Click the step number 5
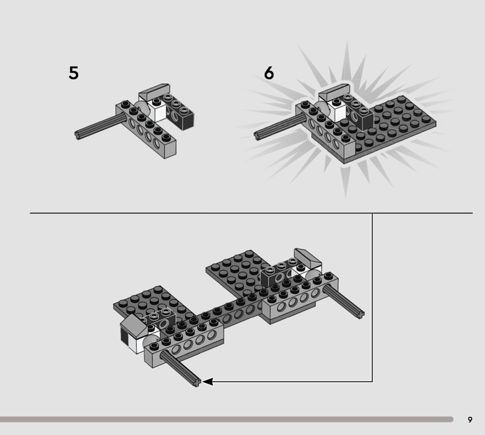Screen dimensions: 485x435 (x=73, y=73)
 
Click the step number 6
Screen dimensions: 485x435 (x=269, y=73)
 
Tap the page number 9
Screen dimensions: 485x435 (x=470, y=420)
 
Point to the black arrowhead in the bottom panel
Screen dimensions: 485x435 (x=207, y=382)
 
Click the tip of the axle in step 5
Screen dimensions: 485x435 (x=78, y=134)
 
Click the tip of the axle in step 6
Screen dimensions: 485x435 (x=256, y=136)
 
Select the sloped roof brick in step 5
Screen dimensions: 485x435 (x=154, y=92)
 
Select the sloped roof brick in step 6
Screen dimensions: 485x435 (x=334, y=92)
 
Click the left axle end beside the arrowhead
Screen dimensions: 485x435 (x=196, y=382)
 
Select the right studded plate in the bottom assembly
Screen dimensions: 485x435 (x=236, y=272)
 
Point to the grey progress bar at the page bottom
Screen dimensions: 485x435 (x=226, y=419)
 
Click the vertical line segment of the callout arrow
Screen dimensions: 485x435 (x=372, y=297)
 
